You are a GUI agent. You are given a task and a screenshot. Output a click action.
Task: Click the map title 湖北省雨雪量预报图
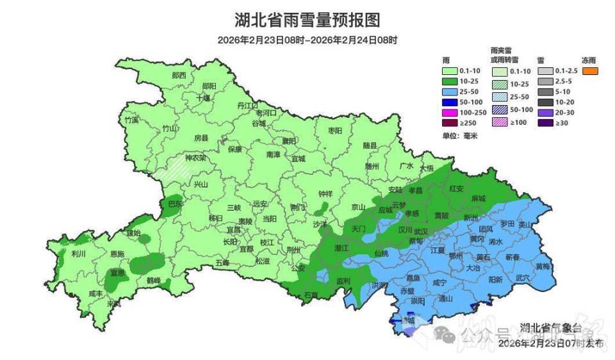coord(307,20)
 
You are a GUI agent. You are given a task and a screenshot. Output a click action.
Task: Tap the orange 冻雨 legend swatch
coord(590,71)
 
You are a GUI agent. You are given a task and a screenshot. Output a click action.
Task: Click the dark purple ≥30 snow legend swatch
coord(545,122)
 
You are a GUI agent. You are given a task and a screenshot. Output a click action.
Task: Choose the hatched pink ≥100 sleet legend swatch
coord(500,122)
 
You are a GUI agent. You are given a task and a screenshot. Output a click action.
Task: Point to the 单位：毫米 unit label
coord(456,136)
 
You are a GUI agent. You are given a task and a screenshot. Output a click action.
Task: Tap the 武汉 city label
coord(421,231)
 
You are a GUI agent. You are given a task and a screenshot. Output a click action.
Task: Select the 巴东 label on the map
coord(175,204)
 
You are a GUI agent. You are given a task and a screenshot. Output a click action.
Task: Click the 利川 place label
coord(79,254)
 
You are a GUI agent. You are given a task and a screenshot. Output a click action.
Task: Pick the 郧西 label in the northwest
coord(179,76)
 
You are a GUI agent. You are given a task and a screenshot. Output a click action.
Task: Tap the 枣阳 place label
coord(335,131)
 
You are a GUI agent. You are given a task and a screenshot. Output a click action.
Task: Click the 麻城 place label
coord(478,199)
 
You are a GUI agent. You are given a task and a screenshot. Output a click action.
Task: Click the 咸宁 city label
coord(439,282)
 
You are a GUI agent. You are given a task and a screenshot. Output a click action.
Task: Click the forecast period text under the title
coord(307,40)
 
